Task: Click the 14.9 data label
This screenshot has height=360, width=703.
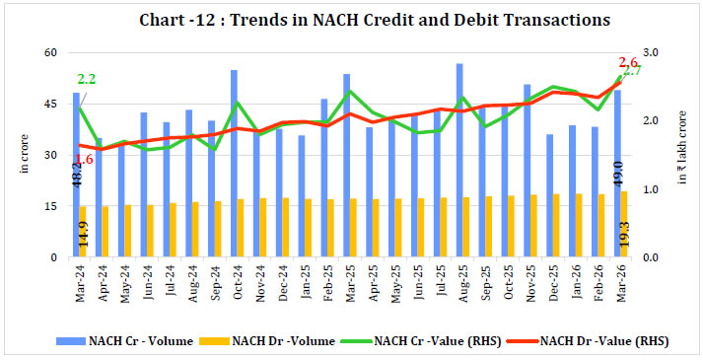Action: (x=85, y=235)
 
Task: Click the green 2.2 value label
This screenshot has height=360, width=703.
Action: (x=86, y=79)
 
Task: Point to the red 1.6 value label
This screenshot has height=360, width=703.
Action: (x=84, y=159)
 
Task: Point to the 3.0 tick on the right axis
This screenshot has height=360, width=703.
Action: (x=657, y=52)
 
